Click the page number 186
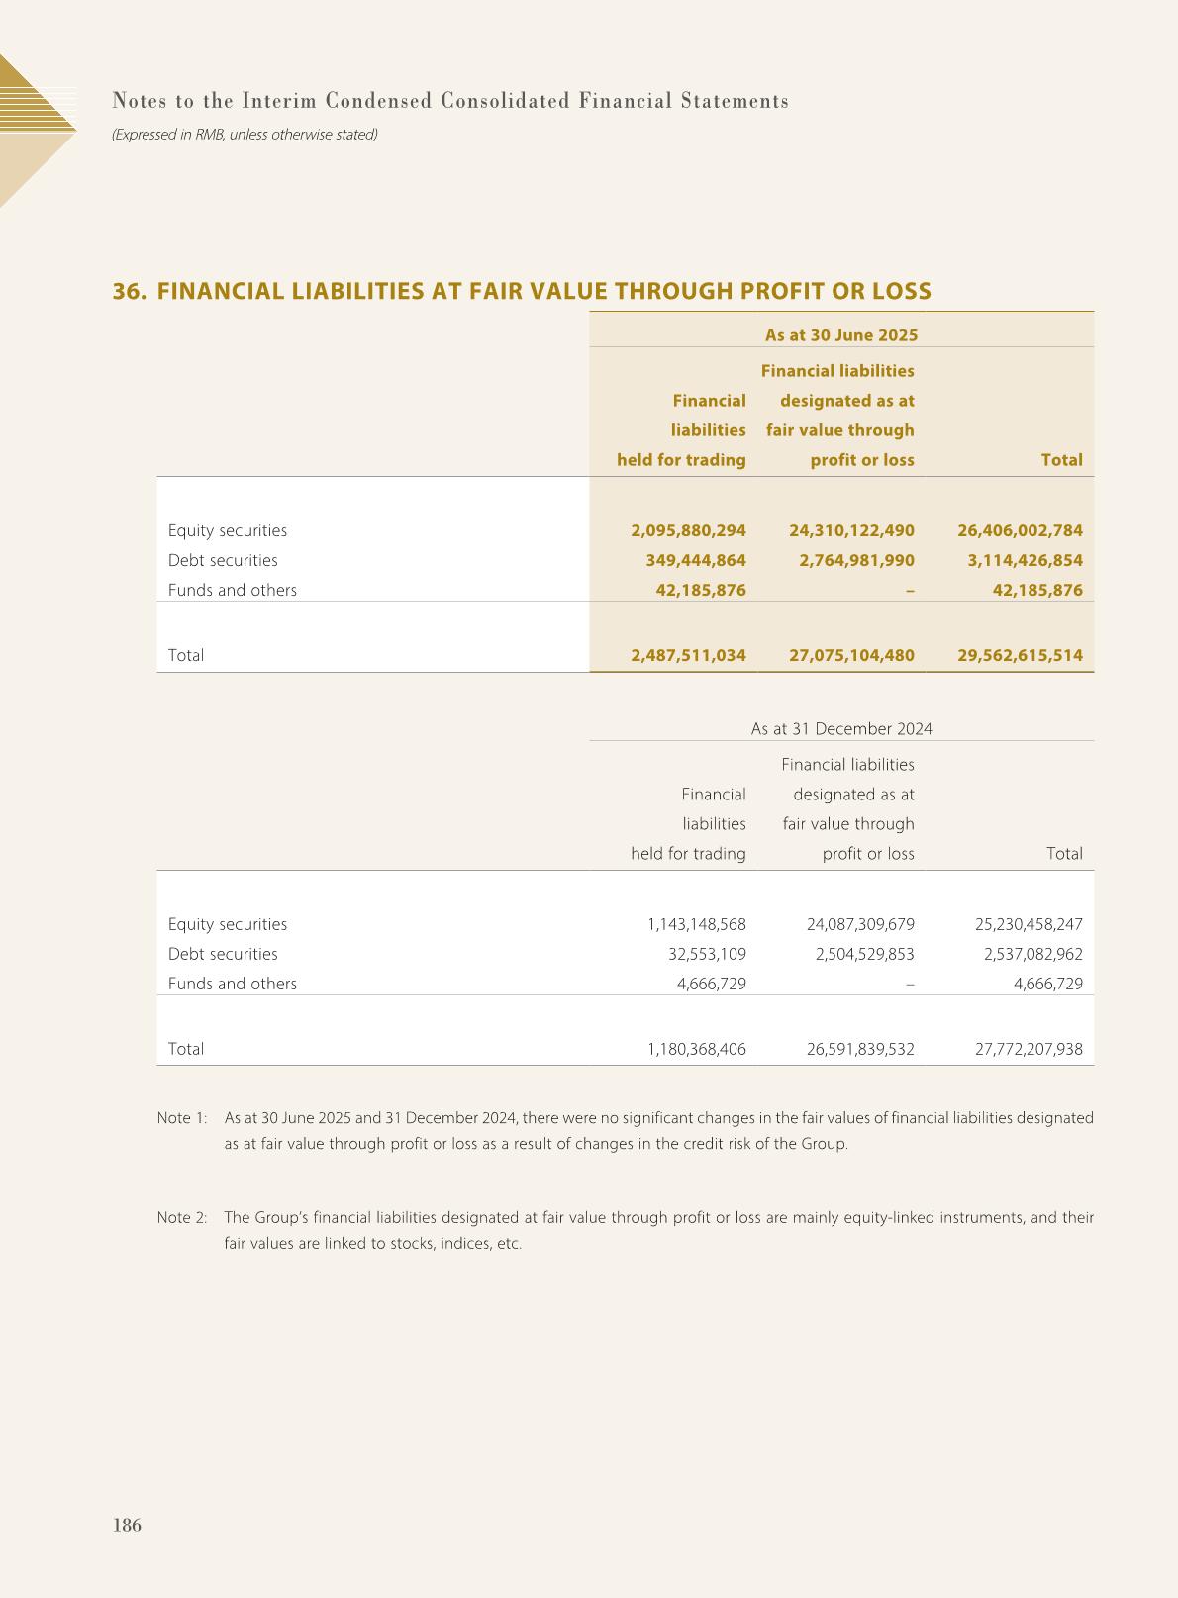(x=128, y=1525)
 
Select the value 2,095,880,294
(x=688, y=530)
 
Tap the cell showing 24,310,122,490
(x=851, y=530)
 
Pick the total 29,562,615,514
(x=1020, y=655)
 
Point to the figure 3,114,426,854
(x=1025, y=560)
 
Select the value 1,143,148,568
(x=697, y=924)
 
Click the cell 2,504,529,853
(x=860, y=954)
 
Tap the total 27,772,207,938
(x=1029, y=1049)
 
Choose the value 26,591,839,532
(x=860, y=1049)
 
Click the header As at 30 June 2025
(x=841, y=334)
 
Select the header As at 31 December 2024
(x=841, y=729)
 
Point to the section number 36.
(x=129, y=291)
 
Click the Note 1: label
(x=182, y=1118)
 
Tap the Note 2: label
(x=182, y=1217)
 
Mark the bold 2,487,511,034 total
(x=688, y=655)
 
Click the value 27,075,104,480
(x=851, y=655)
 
